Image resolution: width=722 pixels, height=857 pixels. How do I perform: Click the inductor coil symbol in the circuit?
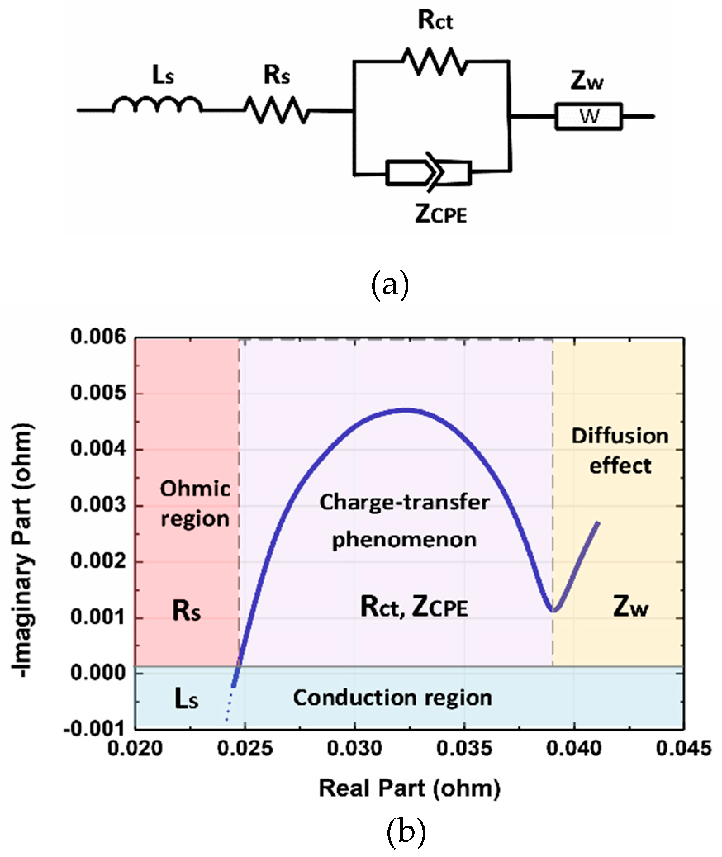(x=157, y=105)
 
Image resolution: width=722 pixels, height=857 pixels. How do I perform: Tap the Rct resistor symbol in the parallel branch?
(x=435, y=62)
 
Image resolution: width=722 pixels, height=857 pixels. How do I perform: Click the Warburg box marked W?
(x=589, y=116)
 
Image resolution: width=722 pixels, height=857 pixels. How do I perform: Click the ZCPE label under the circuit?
(x=441, y=214)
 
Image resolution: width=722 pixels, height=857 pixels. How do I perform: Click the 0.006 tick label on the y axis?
(x=98, y=337)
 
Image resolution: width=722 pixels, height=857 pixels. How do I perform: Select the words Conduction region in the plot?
(x=392, y=698)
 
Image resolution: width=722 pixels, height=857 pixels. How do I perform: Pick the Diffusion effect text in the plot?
(x=620, y=451)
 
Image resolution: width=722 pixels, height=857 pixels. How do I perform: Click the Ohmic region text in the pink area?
(x=195, y=503)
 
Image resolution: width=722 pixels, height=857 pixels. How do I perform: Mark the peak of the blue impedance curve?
(x=406, y=410)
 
